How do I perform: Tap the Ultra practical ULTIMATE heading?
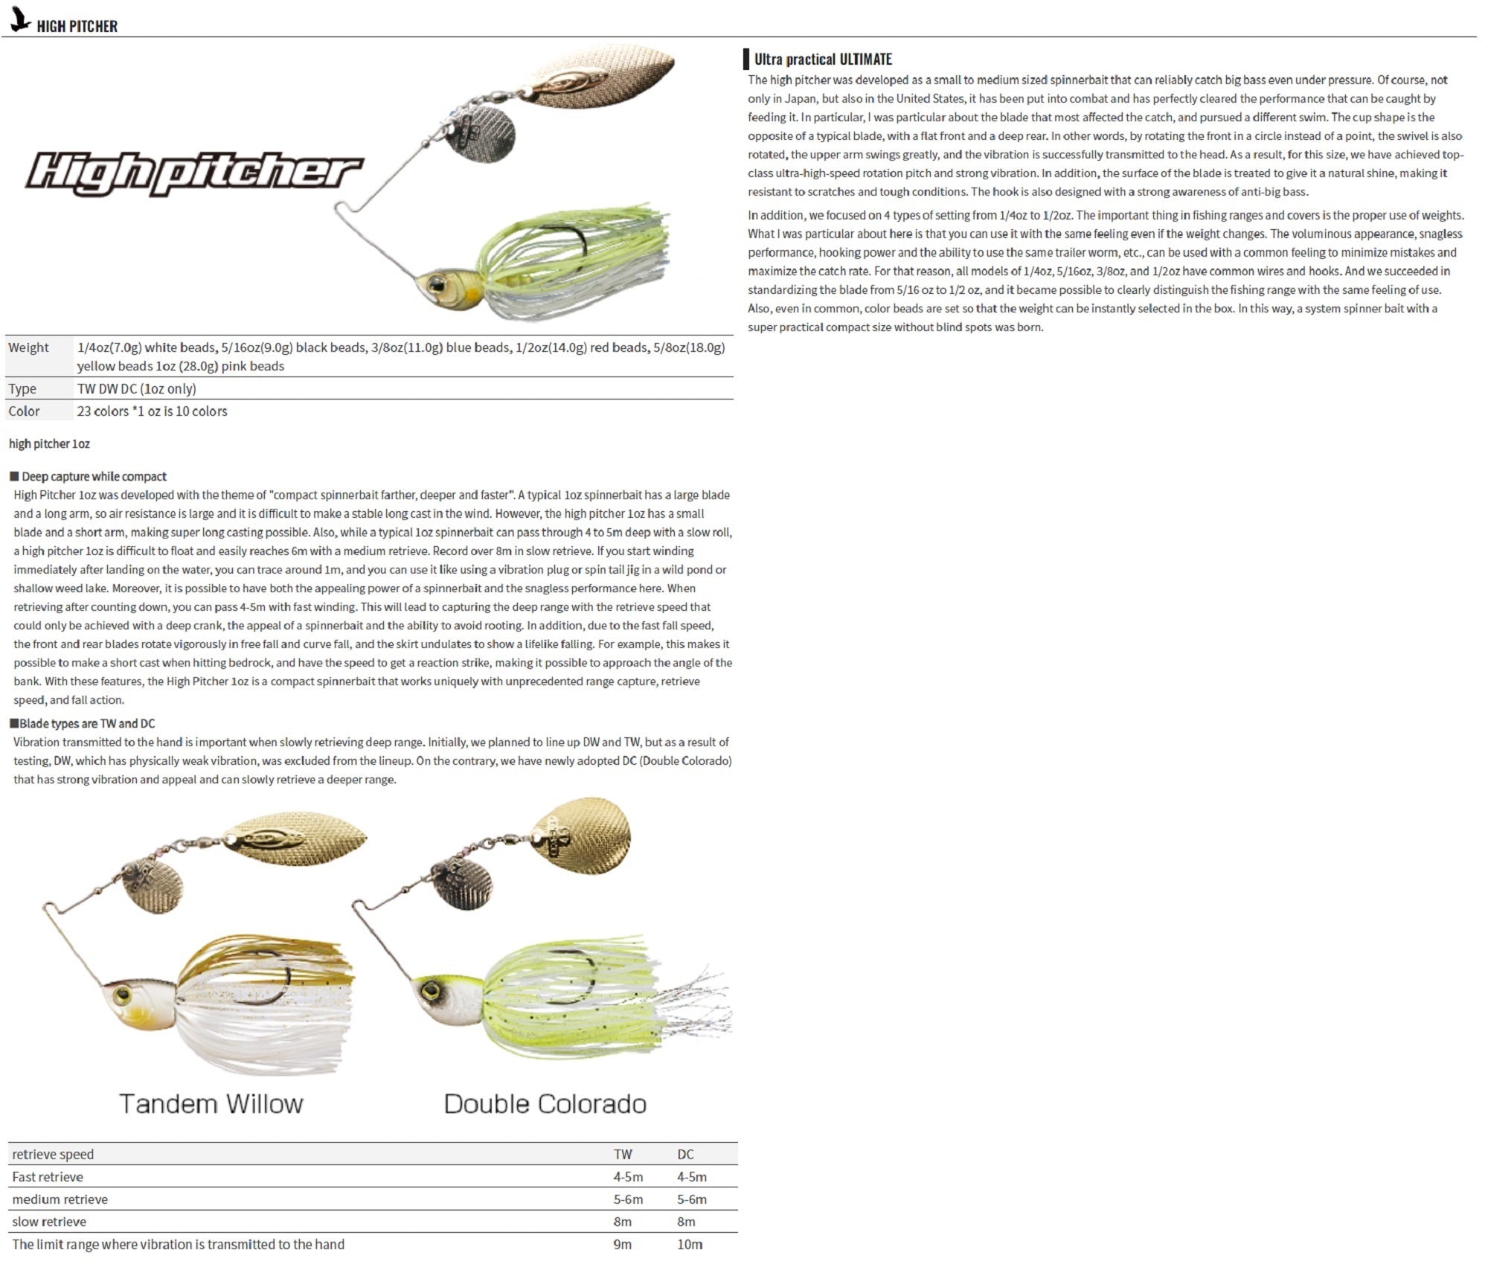[822, 60]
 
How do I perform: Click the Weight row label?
[28, 347]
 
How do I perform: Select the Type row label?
[22, 388]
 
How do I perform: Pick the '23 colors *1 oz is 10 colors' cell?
[152, 411]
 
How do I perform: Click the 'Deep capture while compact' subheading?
[94, 477]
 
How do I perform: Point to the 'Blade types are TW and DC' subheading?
[86, 723]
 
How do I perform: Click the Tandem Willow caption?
[211, 1103]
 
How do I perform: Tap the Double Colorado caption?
[545, 1103]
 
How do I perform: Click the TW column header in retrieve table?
[623, 1154]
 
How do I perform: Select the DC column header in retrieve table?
[685, 1154]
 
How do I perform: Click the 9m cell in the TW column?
[623, 1244]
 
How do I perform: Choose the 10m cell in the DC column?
[690, 1244]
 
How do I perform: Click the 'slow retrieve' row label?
[49, 1222]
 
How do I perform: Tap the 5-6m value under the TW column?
[628, 1199]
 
